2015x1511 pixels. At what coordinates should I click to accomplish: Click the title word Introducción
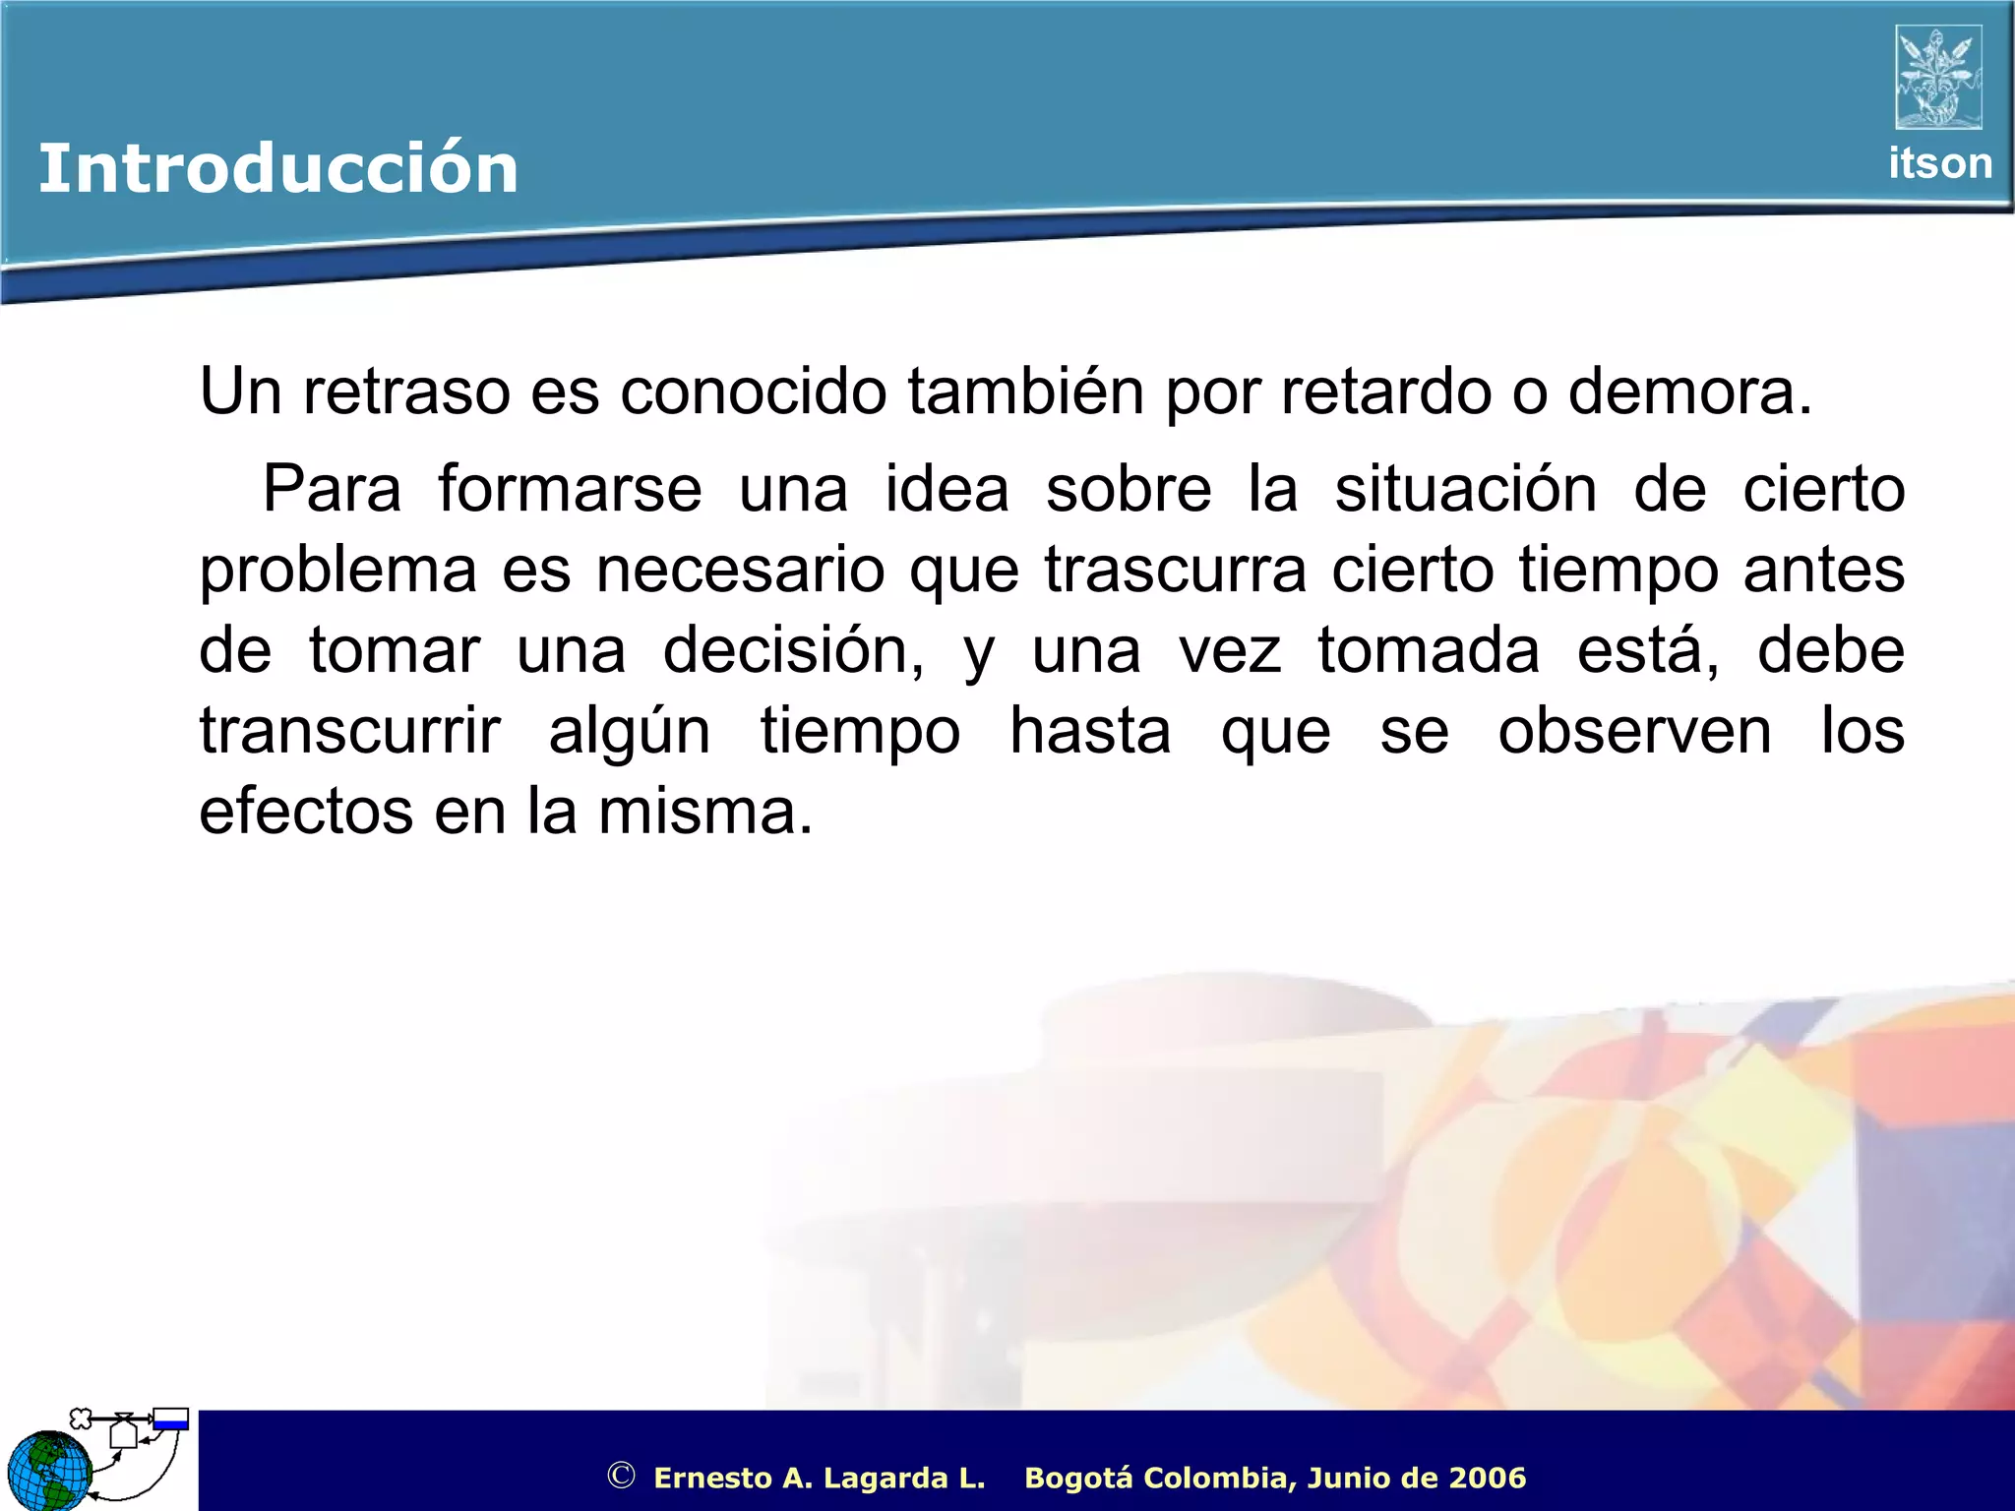277,168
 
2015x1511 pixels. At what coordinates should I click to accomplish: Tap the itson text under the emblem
1939,163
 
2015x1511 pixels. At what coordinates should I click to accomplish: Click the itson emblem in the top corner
1938,78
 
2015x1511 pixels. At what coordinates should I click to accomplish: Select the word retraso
406,392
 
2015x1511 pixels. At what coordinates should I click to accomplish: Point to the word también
1025,392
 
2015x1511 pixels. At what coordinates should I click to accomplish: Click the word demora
1687,392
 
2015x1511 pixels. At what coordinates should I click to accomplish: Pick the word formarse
570,489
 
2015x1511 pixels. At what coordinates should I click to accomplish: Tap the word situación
1465,489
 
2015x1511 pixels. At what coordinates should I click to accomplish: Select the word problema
337,571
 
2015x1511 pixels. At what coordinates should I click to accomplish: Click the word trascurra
1176,571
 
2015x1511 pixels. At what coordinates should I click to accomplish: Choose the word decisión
793,651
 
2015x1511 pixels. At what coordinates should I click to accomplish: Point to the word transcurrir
350,732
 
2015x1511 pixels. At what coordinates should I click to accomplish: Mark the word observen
1634,732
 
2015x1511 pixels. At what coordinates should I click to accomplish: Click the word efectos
306,813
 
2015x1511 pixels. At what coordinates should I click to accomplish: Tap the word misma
704,813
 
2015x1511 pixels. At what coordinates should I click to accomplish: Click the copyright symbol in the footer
621,1476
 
